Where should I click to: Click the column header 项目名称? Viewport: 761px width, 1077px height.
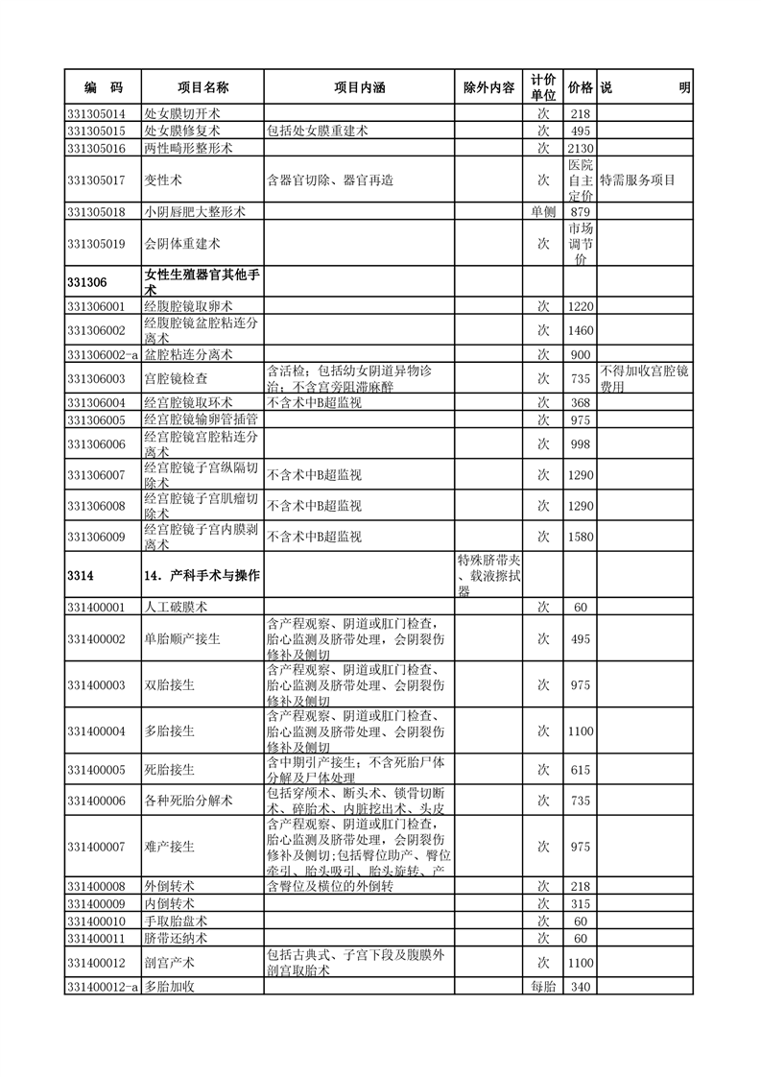(202, 87)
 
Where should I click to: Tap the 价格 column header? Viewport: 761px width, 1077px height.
(580, 87)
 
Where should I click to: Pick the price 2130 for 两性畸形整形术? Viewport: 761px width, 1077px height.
(580, 148)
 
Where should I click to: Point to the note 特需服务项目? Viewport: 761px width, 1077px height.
(638, 179)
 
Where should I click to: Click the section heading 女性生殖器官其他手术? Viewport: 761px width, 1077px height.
(202, 281)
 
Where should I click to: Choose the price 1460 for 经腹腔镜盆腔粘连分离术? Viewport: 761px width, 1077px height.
(580, 330)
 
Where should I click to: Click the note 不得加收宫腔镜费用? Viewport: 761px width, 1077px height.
(645, 379)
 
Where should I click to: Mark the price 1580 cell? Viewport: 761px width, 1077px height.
(580, 537)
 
